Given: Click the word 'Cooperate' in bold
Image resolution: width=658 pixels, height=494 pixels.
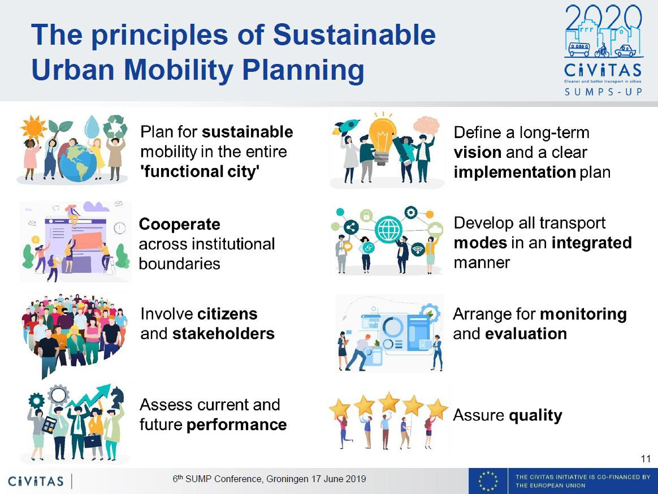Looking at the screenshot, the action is (x=179, y=224).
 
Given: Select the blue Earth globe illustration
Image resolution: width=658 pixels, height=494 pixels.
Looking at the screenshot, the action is (x=77, y=163).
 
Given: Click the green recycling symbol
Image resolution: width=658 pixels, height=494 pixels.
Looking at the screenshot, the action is (x=115, y=126).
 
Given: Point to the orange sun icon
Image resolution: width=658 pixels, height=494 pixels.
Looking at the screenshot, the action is (x=33, y=127).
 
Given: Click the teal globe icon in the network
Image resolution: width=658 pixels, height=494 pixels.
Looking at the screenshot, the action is (x=388, y=229).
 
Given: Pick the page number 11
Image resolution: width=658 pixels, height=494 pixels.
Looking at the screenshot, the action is (x=646, y=459).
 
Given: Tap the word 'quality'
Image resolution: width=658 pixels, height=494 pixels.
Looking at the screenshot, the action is (x=535, y=415).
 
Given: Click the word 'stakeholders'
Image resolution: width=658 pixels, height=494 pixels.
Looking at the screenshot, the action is (x=223, y=333).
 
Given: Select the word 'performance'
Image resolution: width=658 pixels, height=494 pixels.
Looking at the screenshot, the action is (x=236, y=425).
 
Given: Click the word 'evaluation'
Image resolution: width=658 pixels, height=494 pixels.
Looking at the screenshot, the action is (x=526, y=333).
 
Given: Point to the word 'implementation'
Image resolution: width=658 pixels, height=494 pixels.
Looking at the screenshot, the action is (x=514, y=172).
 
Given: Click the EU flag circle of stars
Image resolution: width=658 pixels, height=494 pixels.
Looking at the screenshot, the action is (x=488, y=480).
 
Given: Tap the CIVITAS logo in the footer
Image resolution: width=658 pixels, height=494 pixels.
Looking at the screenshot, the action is (x=36, y=480).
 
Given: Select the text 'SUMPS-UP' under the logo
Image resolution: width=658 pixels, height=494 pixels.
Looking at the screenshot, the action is (x=603, y=91).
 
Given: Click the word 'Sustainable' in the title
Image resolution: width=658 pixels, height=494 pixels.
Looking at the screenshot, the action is (x=354, y=35).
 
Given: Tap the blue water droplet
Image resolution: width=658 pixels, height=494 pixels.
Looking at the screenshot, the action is (x=92, y=126).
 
